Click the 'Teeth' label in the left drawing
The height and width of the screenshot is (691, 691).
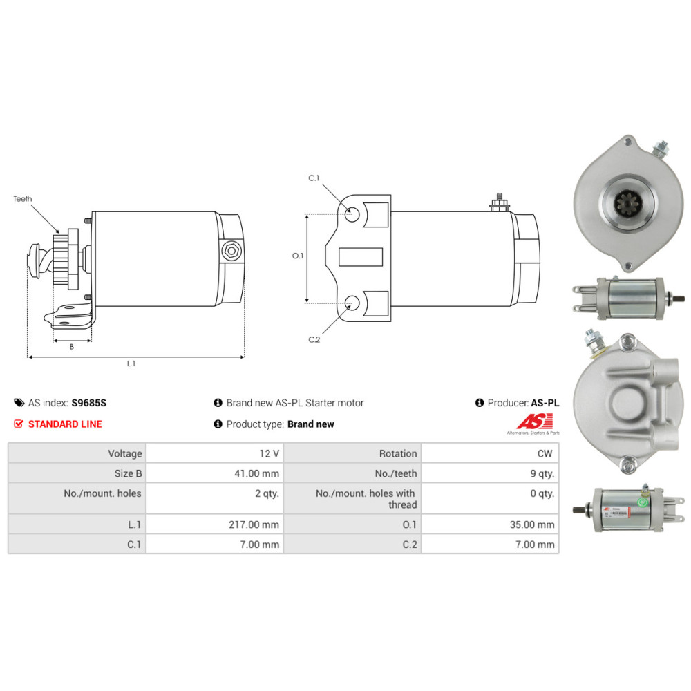[22, 199]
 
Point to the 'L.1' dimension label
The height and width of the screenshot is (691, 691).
[131, 364]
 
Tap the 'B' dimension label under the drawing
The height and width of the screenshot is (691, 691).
[71, 347]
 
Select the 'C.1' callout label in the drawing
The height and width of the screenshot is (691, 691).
[314, 178]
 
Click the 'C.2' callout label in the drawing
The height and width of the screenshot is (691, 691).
[314, 339]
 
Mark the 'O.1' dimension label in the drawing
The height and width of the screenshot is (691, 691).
[298, 256]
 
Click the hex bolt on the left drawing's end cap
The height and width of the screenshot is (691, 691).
[230, 251]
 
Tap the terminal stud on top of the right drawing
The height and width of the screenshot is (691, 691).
[498, 202]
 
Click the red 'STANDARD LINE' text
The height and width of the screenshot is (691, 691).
[64, 424]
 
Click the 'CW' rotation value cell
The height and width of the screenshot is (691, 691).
[546, 454]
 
